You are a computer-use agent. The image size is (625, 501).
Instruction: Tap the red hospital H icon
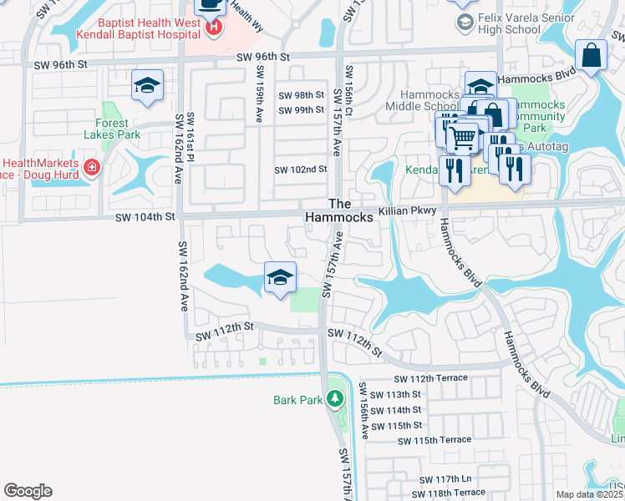pyautogui.click(x=214, y=28)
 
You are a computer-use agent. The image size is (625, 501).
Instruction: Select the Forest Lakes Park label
pyautogui.click(x=112, y=128)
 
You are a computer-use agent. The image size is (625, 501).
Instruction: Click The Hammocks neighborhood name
pyautogui.click(x=338, y=210)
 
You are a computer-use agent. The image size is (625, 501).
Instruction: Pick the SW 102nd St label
pyautogui.click(x=300, y=170)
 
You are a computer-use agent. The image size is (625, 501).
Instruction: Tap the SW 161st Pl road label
pyautogui.click(x=191, y=135)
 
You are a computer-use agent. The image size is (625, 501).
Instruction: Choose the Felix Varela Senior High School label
pyautogui.click(x=510, y=23)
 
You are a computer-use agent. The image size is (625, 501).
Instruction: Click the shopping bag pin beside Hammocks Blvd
pyautogui.click(x=591, y=57)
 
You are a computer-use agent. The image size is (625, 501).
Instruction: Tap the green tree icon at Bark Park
pyautogui.click(x=335, y=399)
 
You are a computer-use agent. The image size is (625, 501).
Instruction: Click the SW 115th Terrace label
pyautogui.click(x=434, y=440)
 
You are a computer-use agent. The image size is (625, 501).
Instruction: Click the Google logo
pyautogui.click(x=28, y=491)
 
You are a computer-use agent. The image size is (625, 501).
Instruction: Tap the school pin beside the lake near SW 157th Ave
pyautogui.click(x=280, y=278)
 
